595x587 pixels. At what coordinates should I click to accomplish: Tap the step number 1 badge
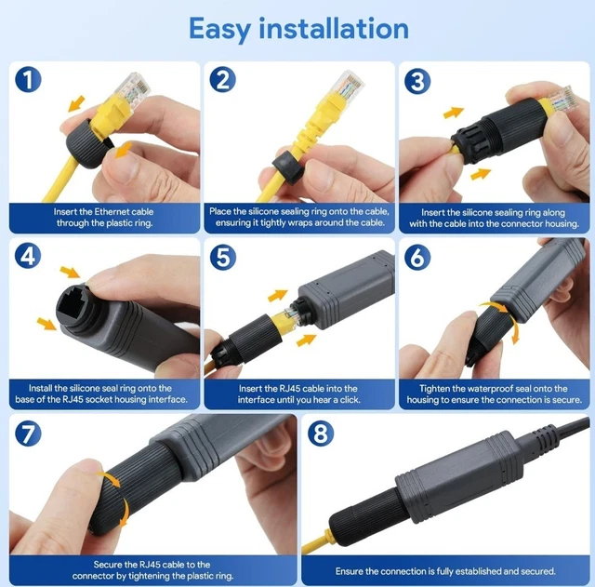click(x=30, y=80)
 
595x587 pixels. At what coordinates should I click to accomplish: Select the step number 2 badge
click(x=221, y=80)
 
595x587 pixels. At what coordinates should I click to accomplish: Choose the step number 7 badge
click(x=30, y=433)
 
